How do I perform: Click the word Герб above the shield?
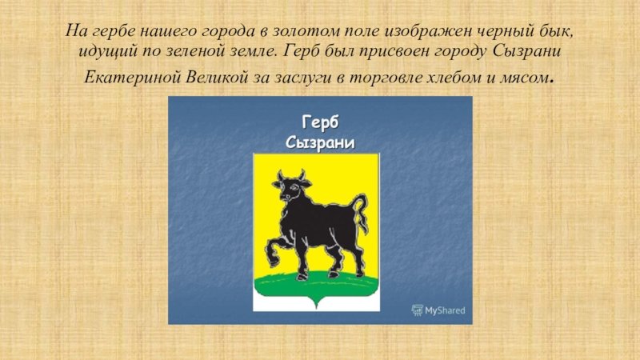click(x=320, y=122)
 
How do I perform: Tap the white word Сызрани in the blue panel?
click(x=320, y=143)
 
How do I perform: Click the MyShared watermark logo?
click(x=438, y=310)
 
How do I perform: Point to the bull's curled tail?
click(x=360, y=213)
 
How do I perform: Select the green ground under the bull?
click(x=316, y=284)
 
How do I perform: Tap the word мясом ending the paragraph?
click(x=524, y=78)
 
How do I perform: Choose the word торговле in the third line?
click(x=385, y=78)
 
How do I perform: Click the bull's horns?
click(x=290, y=175)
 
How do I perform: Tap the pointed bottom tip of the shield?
click(x=316, y=309)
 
